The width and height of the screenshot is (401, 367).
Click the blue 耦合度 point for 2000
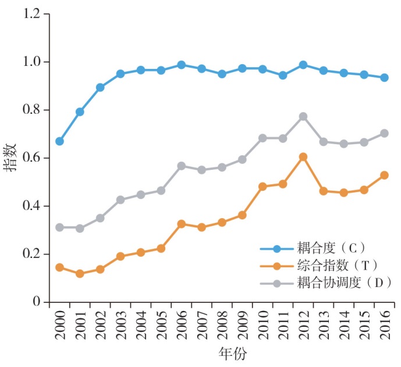[x=59, y=141]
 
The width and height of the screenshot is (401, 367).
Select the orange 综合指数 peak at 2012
[x=303, y=157]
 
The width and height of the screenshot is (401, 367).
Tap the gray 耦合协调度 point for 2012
[x=303, y=117]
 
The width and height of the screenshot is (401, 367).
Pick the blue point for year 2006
[x=181, y=65]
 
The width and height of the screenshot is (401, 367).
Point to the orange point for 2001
[x=80, y=274]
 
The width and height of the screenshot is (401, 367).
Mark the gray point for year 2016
[x=384, y=133]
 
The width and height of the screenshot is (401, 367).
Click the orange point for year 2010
[x=262, y=187]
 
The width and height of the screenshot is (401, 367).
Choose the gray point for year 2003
[x=120, y=200]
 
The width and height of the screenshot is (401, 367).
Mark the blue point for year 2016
[x=384, y=78]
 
